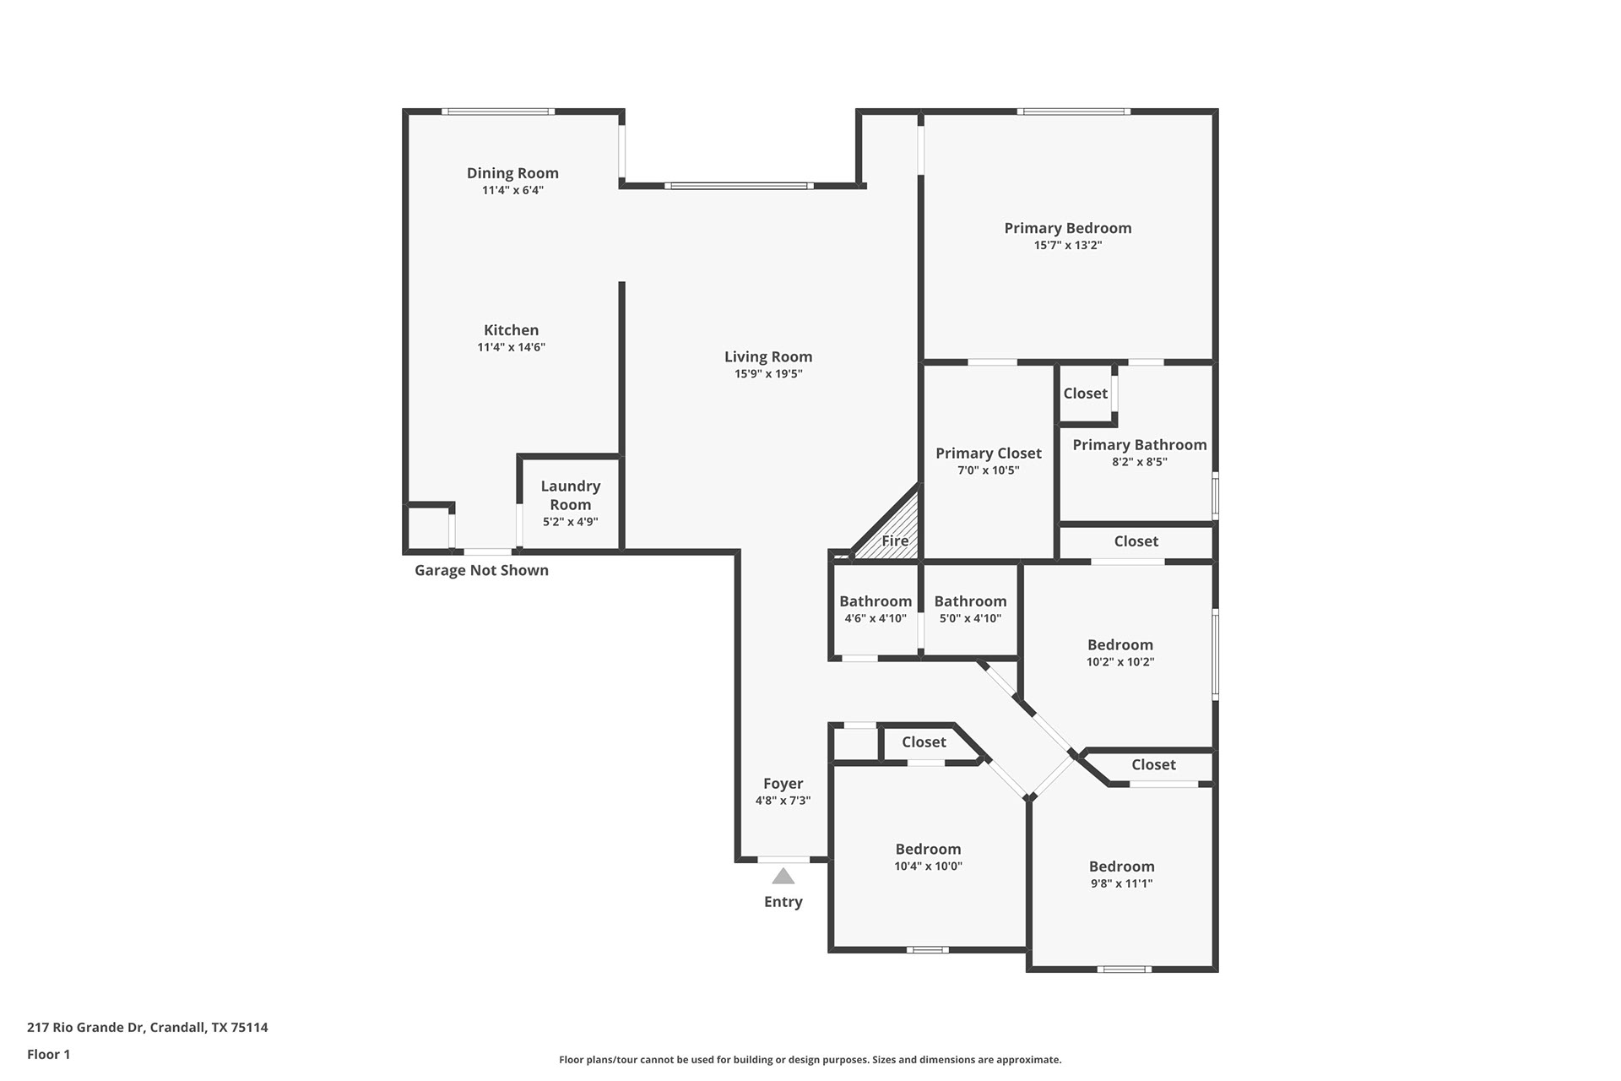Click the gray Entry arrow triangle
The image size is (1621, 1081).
tap(783, 877)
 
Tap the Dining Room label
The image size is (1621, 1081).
tap(512, 173)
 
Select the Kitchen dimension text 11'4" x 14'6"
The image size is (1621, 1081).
tap(512, 347)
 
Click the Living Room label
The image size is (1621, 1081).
tap(768, 357)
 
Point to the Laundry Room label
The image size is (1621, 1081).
tap(571, 496)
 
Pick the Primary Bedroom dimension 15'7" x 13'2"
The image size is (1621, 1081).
tap(1068, 246)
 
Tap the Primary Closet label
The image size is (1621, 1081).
tap(989, 454)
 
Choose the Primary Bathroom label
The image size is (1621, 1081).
tap(1140, 445)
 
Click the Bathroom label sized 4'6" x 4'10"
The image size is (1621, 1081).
tap(876, 601)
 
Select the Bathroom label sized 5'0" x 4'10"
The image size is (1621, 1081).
tap(970, 601)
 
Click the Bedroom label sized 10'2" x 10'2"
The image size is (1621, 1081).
tap(1120, 645)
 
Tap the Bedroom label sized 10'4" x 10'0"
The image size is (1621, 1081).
tap(929, 850)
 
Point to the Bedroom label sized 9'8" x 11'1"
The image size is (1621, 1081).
tap(1122, 866)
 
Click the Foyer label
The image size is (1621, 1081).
tap(783, 784)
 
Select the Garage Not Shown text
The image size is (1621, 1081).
tap(481, 570)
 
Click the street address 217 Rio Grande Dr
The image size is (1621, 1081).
tap(85, 1028)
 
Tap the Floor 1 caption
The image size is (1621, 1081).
tap(49, 1055)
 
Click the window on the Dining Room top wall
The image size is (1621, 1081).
tap(498, 111)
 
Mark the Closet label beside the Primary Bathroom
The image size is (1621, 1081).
tap(1086, 394)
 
